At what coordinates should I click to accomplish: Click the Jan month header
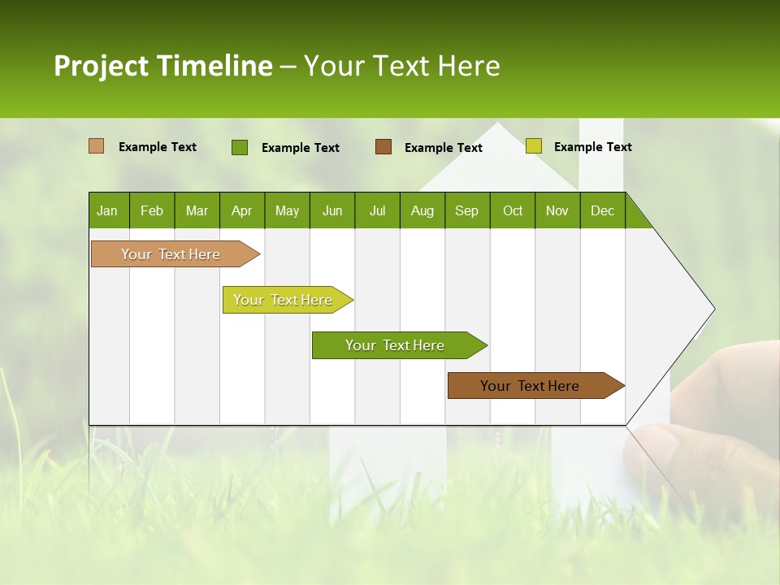[107, 210]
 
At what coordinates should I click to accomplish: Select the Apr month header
[241, 210]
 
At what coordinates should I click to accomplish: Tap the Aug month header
[422, 210]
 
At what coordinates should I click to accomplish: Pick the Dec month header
[602, 210]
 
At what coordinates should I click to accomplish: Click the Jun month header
[331, 210]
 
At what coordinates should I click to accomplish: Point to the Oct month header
[512, 210]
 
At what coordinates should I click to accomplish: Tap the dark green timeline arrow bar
[396, 345]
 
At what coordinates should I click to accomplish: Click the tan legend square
[96, 146]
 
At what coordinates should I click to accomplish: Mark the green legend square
[239, 147]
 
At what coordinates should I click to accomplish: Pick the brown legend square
[383, 146]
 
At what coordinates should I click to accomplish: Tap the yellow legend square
[533, 146]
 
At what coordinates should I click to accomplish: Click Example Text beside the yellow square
[592, 147]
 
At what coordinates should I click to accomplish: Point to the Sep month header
[466, 210]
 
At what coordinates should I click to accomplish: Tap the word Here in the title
[469, 66]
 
